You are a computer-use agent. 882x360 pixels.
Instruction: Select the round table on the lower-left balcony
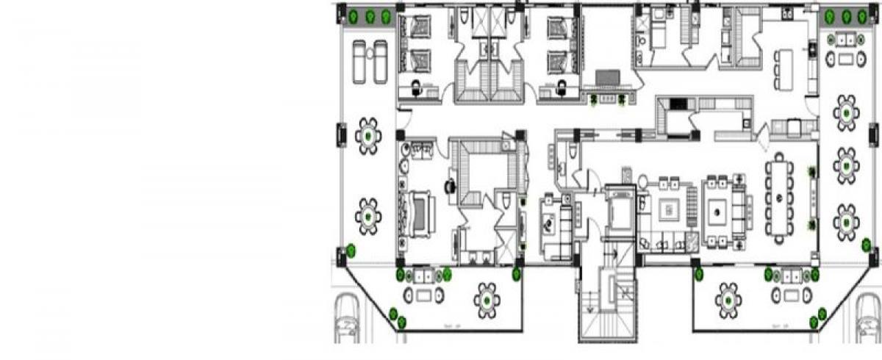coord(487,300)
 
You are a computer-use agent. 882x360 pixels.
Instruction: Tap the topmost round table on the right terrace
coord(847,112)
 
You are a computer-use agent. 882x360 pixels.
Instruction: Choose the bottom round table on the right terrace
coord(847,222)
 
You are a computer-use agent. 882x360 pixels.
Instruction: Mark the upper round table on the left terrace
coord(367,135)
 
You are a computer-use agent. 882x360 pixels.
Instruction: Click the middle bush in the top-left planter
coord(370,16)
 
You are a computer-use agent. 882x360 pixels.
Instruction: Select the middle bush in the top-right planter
coord(846,16)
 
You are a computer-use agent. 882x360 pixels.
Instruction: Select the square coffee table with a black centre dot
coord(717,213)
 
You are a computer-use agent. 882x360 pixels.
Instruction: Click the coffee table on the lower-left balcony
coord(424,295)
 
